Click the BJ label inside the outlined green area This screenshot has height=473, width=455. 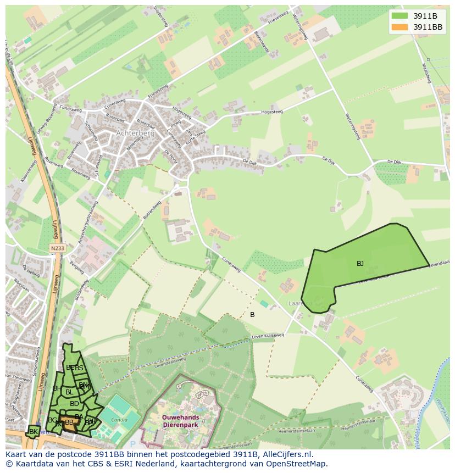coord(360,264)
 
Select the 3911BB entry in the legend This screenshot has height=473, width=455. coord(428,26)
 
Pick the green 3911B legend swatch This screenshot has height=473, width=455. coord(400,15)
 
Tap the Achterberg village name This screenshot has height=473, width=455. coord(135,133)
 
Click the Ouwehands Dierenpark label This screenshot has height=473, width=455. coord(181,420)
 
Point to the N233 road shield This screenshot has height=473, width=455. coord(57,248)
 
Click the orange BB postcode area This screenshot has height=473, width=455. coord(69,422)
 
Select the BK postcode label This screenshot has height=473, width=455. coord(34,432)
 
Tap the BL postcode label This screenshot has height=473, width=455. coord(69,392)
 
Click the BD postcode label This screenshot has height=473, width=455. coord(74,404)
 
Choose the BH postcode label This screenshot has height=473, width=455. coord(57,388)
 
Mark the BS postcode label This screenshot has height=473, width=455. coord(79,368)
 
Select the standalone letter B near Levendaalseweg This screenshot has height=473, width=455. coord(252,315)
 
